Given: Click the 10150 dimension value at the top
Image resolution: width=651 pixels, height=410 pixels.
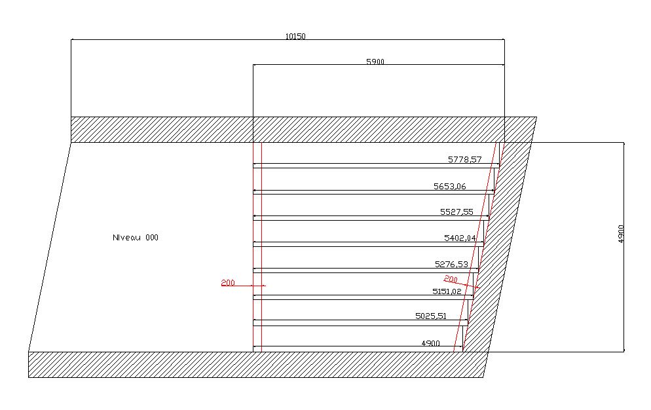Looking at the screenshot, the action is click(x=295, y=36).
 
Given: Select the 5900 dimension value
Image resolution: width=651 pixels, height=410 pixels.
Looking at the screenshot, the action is click(x=375, y=62).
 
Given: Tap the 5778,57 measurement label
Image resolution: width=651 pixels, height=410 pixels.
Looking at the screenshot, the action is click(x=465, y=159).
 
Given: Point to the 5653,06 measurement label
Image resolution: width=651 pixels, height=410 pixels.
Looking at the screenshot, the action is click(x=450, y=186).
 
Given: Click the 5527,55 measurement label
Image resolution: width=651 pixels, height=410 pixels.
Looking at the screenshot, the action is click(x=456, y=212).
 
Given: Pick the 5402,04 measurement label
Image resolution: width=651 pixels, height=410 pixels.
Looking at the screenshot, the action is click(x=460, y=238).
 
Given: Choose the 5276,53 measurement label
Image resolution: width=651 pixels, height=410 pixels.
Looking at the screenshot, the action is click(x=451, y=265).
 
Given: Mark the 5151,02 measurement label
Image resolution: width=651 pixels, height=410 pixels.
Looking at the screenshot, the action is click(x=447, y=291).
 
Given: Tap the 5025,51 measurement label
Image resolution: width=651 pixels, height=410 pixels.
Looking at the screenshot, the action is click(x=431, y=316).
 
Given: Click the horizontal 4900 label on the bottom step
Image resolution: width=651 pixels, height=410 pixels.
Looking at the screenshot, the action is click(x=430, y=343).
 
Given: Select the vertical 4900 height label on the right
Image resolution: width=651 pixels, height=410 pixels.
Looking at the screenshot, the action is click(x=621, y=234).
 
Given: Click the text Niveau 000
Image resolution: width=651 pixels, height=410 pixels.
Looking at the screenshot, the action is click(x=136, y=238).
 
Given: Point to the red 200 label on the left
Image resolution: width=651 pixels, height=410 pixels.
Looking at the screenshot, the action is click(x=228, y=283).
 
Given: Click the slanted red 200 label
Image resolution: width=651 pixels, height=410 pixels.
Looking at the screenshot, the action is click(x=451, y=280).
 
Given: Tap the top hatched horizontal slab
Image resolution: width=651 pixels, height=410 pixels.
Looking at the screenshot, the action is click(x=295, y=130).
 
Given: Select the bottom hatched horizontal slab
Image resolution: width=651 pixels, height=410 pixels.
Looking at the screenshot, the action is click(x=255, y=364).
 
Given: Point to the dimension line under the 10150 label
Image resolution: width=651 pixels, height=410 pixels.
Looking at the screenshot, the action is click(x=196, y=40).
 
